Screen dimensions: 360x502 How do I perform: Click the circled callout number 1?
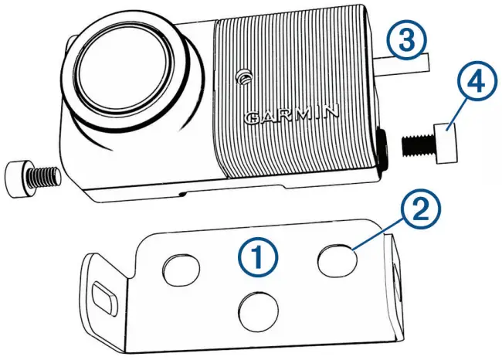259,256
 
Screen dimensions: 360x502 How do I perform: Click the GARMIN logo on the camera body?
291,117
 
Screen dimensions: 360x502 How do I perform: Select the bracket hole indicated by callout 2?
338,261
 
